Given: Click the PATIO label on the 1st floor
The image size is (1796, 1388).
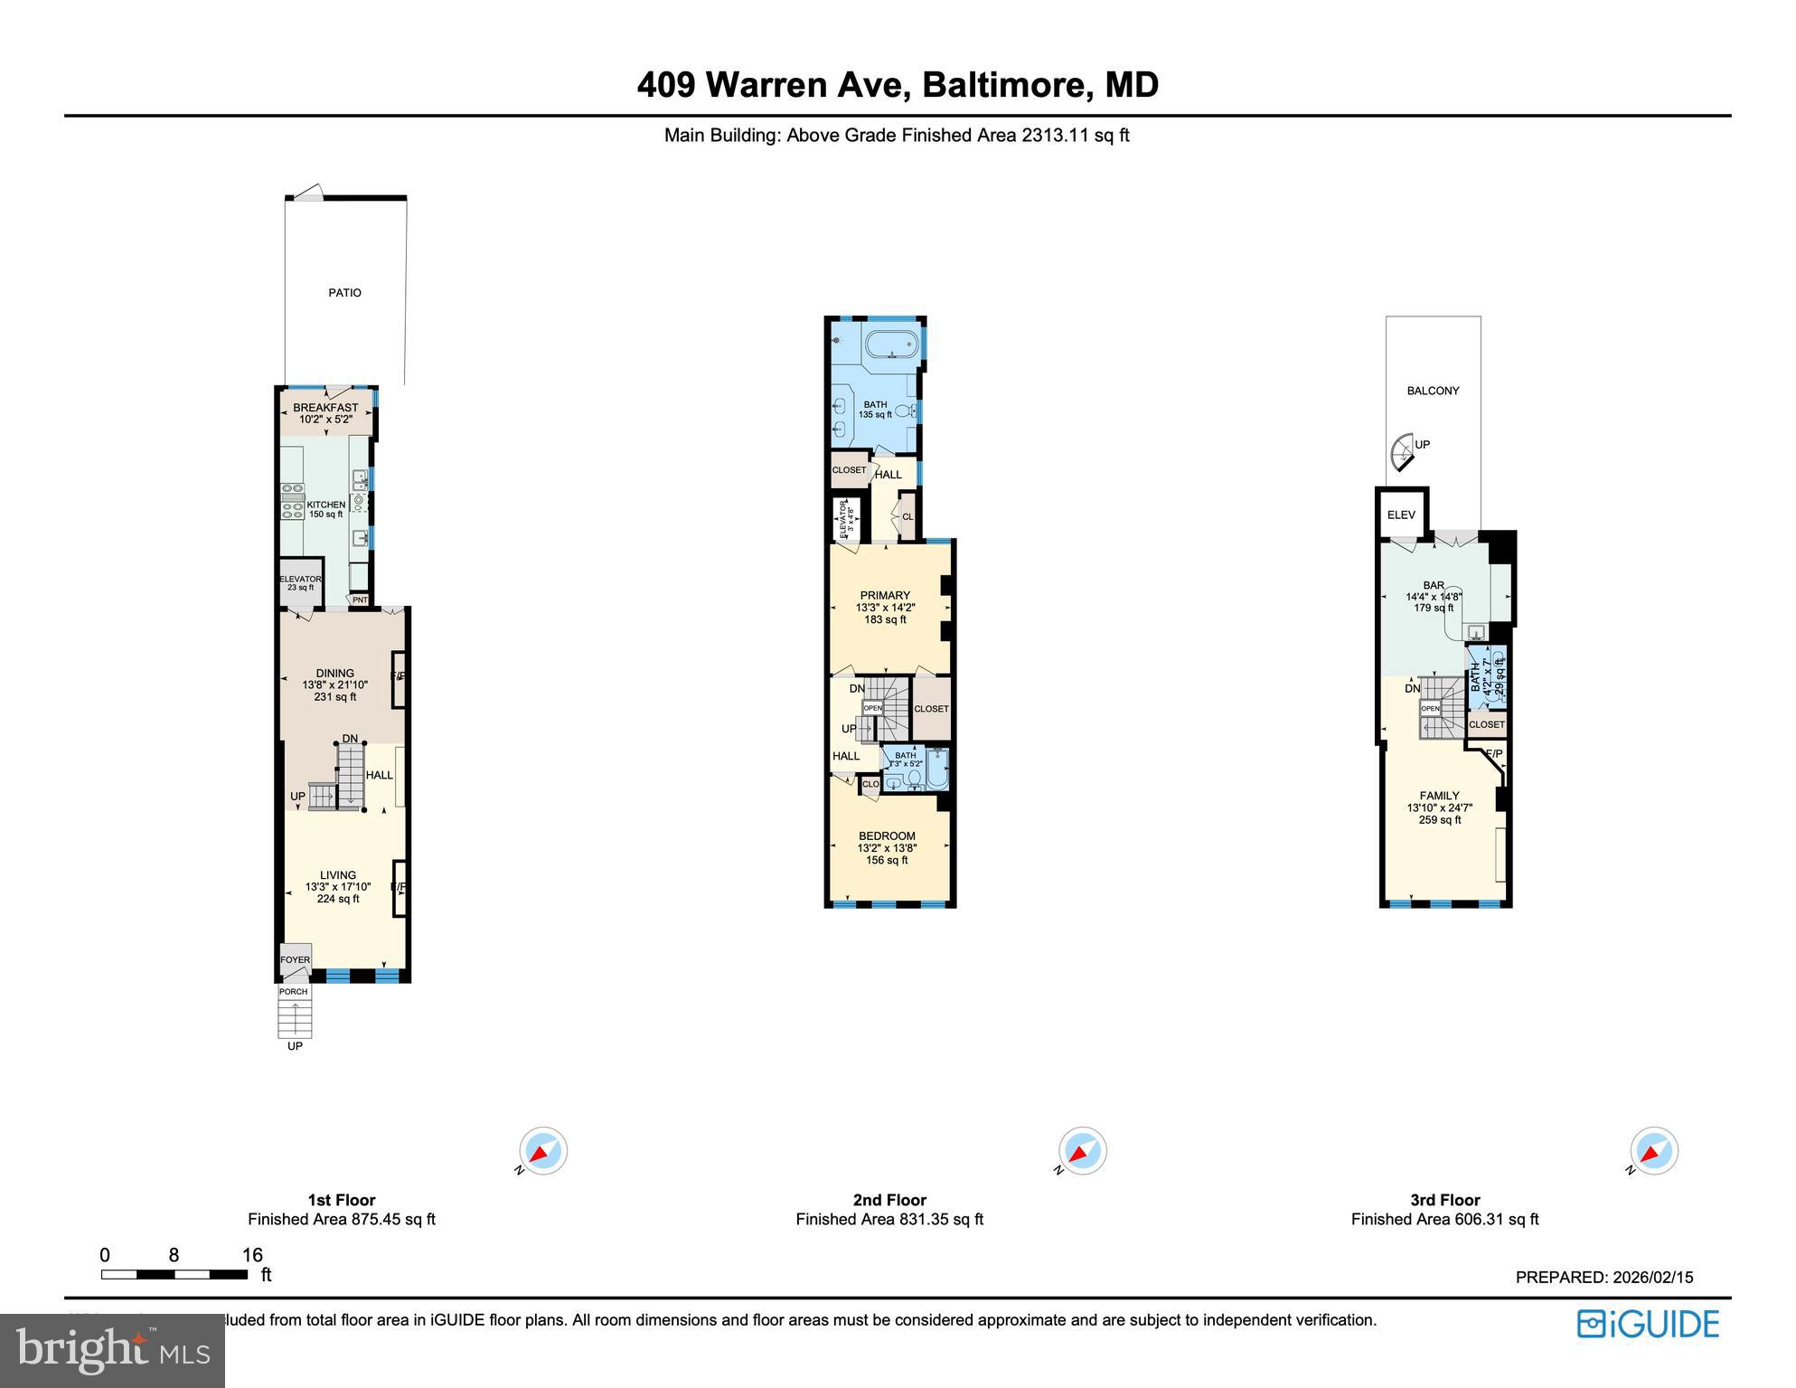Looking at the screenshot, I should pyautogui.click(x=344, y=293).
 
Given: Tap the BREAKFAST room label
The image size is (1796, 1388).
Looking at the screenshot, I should pyautogui.click(x=325, y=409).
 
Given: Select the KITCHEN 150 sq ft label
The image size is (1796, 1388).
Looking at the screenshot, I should pyautogui.click(x=325, y=509).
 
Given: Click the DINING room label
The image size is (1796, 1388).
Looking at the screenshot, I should pyautogui.click(x=334, y=674).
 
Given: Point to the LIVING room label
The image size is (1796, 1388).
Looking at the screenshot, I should pyautogui.click(x=337, y=875).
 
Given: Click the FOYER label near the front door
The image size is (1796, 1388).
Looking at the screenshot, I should pyautogui.click(x=295, y=960).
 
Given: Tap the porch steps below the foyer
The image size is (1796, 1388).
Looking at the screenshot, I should pyautogui.click(x=295, y=1019).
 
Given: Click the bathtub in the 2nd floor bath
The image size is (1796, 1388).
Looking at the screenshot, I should pyautogui.click(x=891, y=345).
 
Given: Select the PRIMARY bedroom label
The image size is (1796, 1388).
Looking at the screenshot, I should pyautogui.click(x=885, y=596).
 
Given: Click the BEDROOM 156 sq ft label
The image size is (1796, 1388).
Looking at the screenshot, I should pyautogui.click(x=887, y=836).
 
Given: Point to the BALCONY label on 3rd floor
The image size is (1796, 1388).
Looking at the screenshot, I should pyautogui.click(x=1433, y=391).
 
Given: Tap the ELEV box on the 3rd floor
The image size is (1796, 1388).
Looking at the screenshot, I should pyautogui.click(x=1401, y=515).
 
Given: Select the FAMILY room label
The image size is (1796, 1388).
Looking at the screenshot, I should pyautogui.click(x=1439, y=797).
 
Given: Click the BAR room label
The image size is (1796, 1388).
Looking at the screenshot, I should pyautogui.click(x=1434, y=586).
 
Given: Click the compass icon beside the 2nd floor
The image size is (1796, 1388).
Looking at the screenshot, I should pyautogui.click(x=1082, y=1151).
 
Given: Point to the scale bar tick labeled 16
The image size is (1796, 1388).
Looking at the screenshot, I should pyautogui.click(x=252, y=1255).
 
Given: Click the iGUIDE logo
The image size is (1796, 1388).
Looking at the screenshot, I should pyautogui.click(x=1648, y=1324).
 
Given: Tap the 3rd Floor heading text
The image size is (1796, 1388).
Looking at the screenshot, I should pyautogui.click(x=1444, y=1200).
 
